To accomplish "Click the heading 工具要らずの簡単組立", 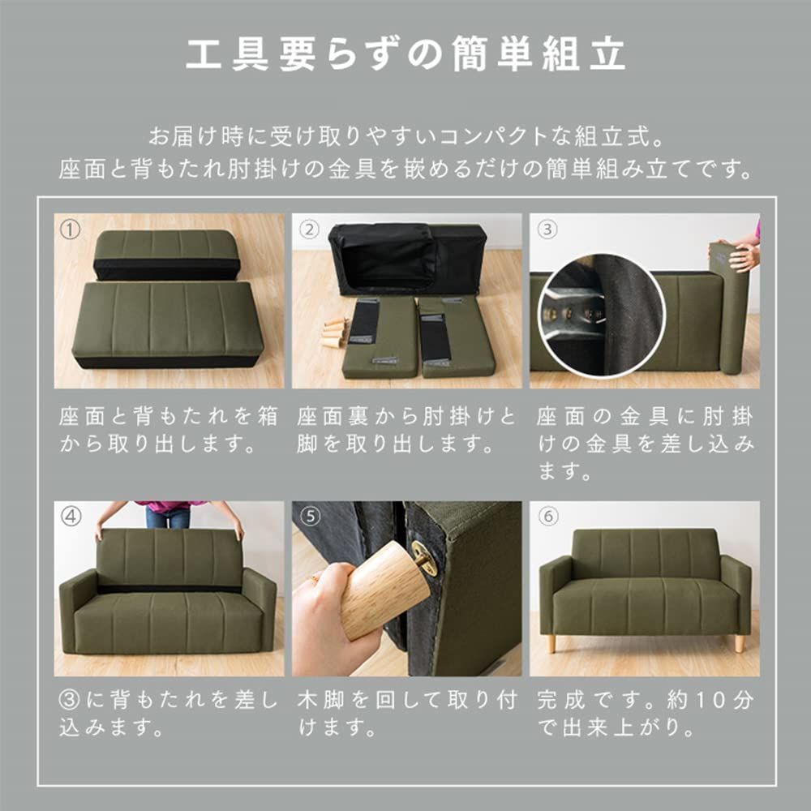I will click(405, 55).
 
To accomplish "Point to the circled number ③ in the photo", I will click(548, 230).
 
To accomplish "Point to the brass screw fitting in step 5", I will click(423, 558).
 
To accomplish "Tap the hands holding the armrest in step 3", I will click(744, 257).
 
